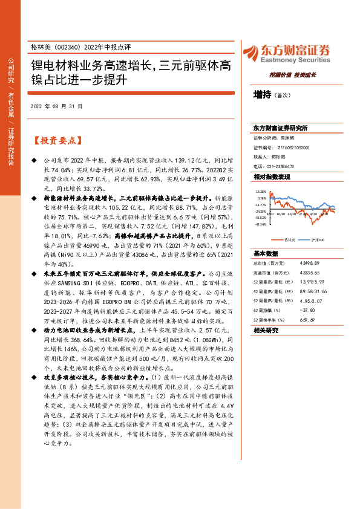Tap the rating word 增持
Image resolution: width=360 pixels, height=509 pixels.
263,95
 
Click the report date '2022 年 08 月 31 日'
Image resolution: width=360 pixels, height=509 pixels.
56,106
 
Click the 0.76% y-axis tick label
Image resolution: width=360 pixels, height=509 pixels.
261,198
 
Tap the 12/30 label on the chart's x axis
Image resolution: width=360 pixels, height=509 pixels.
292,213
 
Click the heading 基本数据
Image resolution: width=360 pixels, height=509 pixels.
265,254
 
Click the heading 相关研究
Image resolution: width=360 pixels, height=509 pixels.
265,330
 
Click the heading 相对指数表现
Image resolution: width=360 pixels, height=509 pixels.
272,177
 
